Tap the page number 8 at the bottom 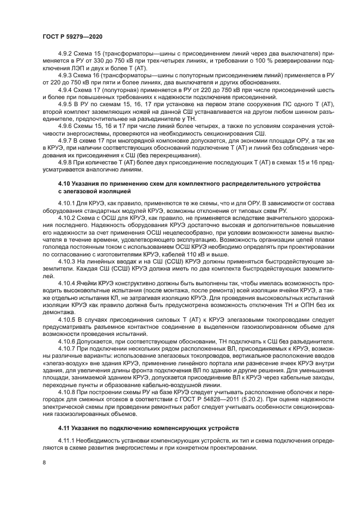(44, 462)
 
